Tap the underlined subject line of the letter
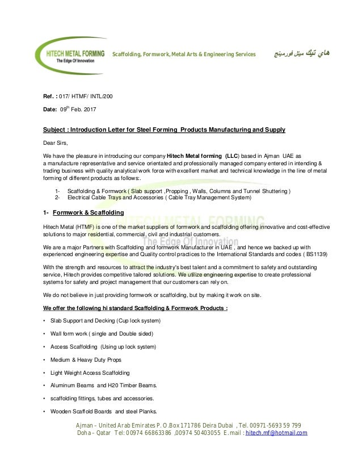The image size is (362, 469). click(x=164, y=129)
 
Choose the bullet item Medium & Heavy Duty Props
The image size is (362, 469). click(x=85, y=360)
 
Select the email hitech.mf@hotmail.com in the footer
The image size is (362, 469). click(x=276, y=433)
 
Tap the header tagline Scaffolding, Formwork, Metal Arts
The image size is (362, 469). click(x=184, y=54)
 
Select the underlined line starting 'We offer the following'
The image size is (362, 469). click(x=136, y=308)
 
